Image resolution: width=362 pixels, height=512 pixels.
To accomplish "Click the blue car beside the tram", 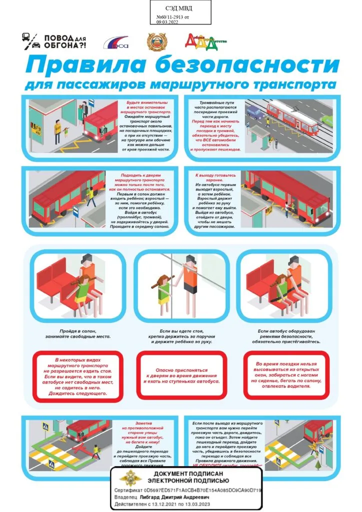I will (x=255, y=113).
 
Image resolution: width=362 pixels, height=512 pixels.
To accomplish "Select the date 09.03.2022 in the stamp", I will (x=167, y=23).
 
